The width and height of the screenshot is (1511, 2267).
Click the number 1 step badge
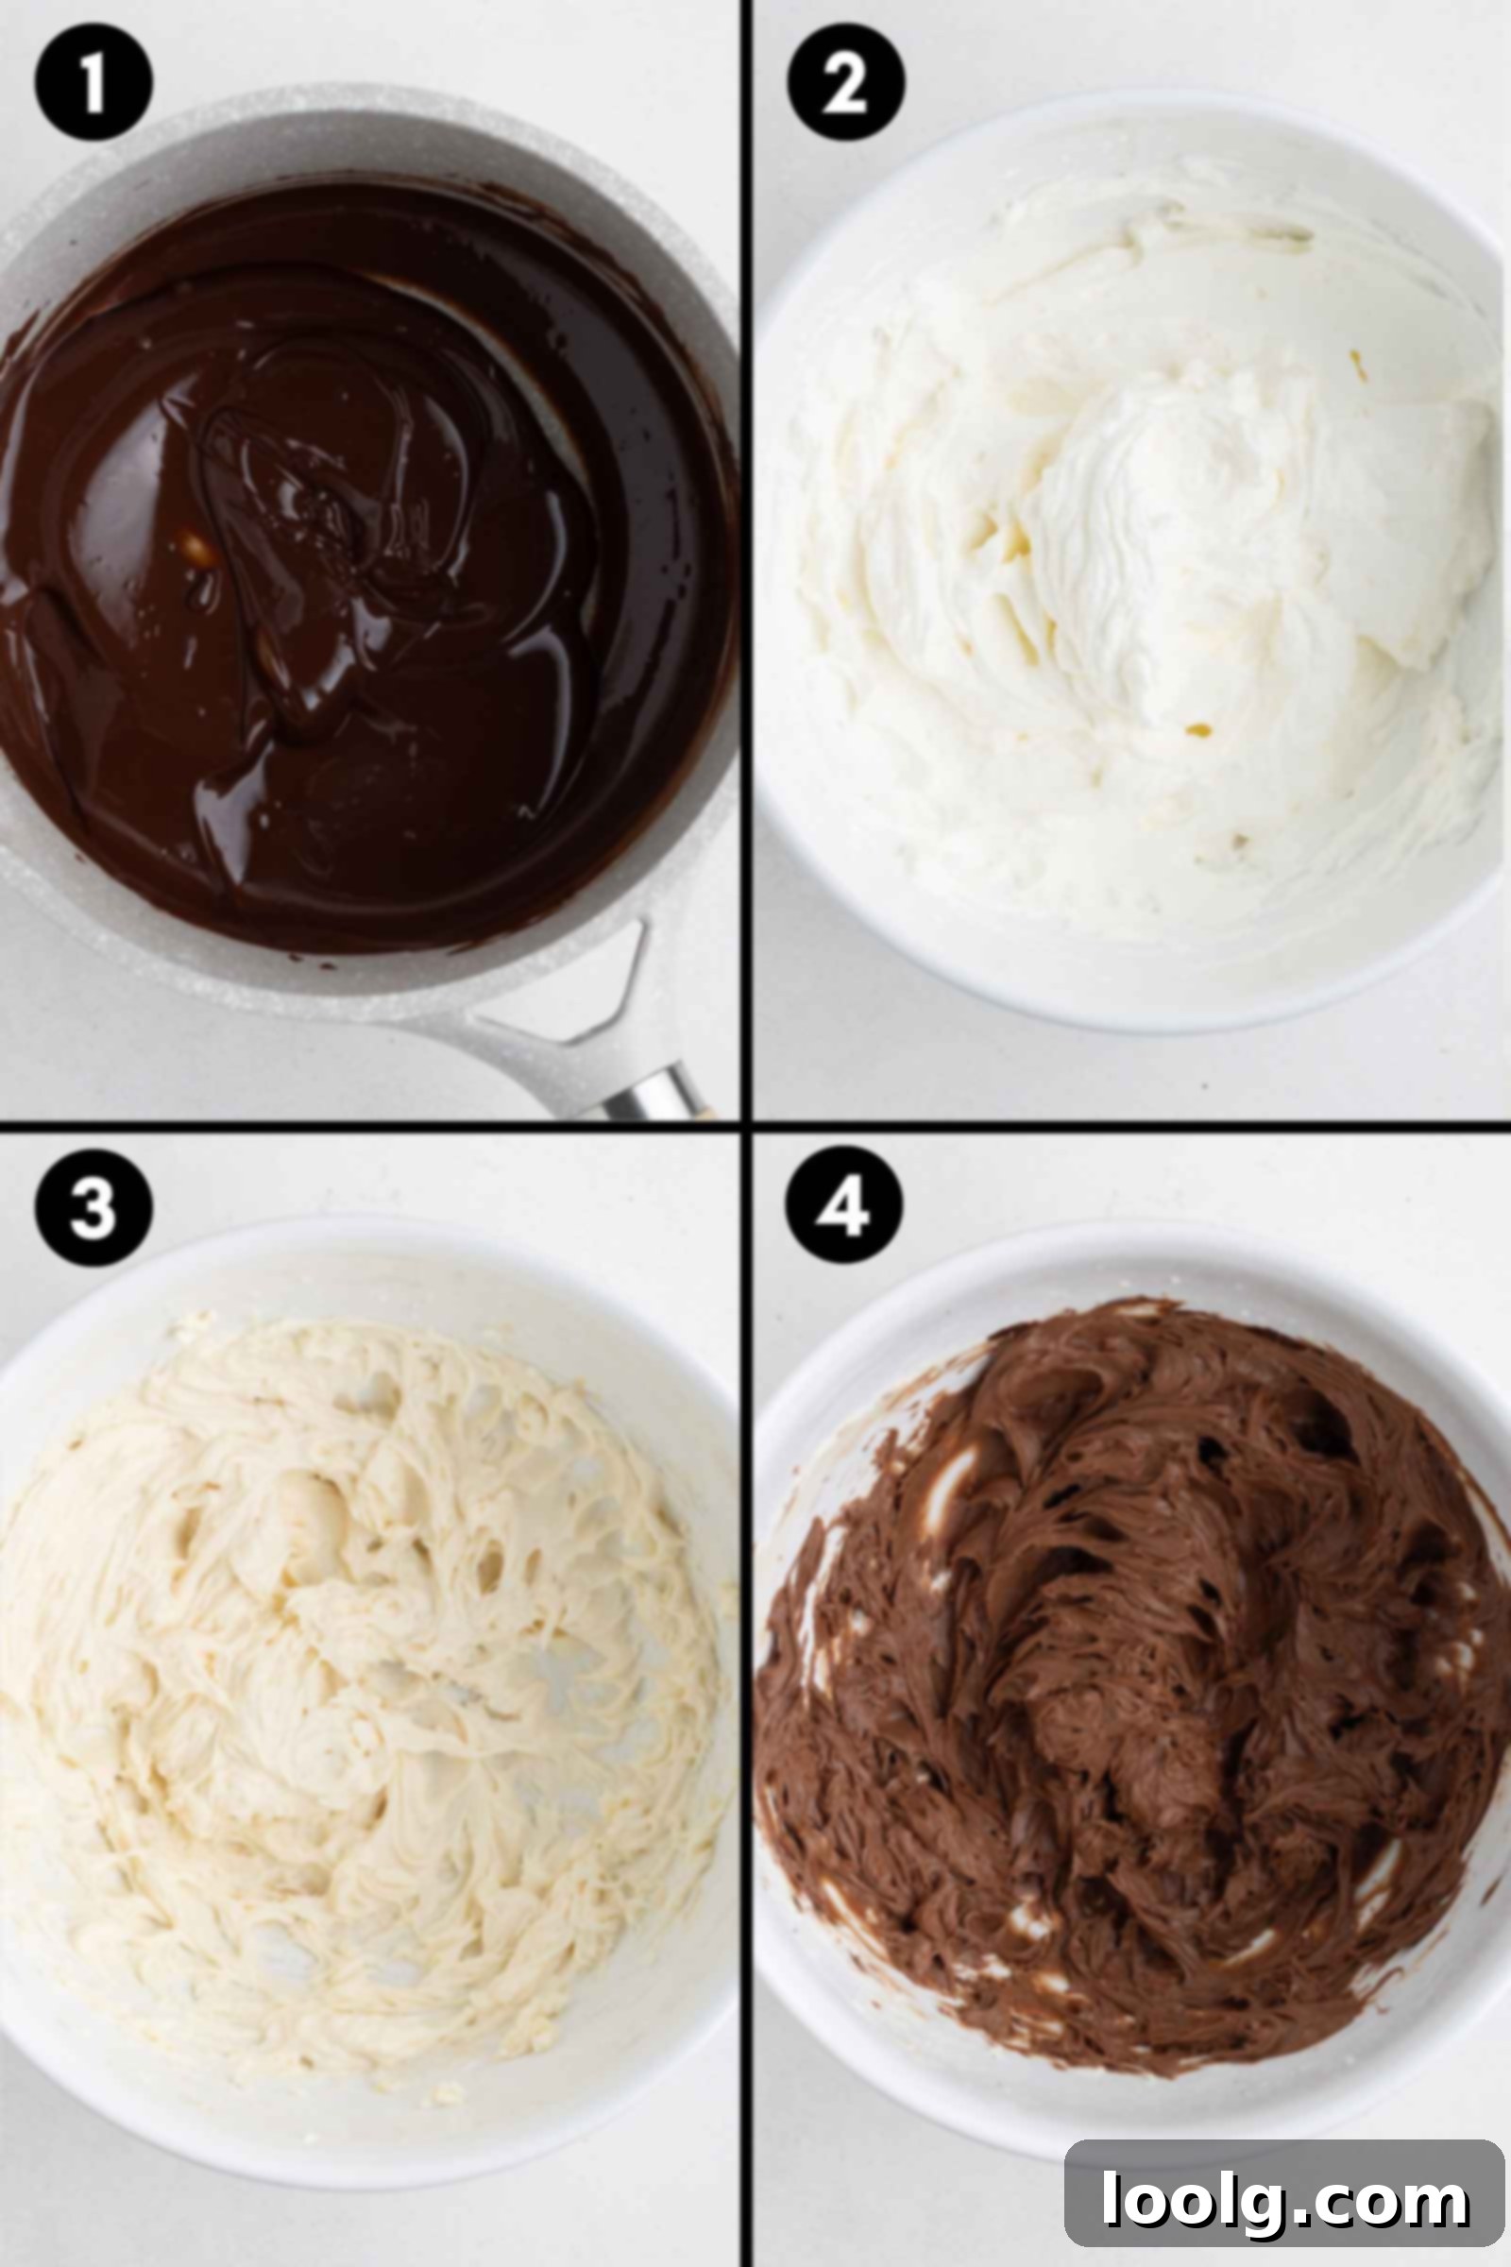[x=93, y=83]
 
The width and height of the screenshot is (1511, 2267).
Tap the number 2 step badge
[x=845, y=83]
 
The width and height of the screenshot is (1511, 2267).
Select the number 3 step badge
[x=93, y=1206]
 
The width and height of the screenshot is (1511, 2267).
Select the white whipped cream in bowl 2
[x=1137, y=559]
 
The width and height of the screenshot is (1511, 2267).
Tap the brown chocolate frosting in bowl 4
[x=1128, y=1678]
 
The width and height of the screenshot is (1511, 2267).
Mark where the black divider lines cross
[x=746, y=1124]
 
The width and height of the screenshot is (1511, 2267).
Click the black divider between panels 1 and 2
[x=746, y=559]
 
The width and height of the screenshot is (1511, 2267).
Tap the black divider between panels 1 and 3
[x=370, y=1124]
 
